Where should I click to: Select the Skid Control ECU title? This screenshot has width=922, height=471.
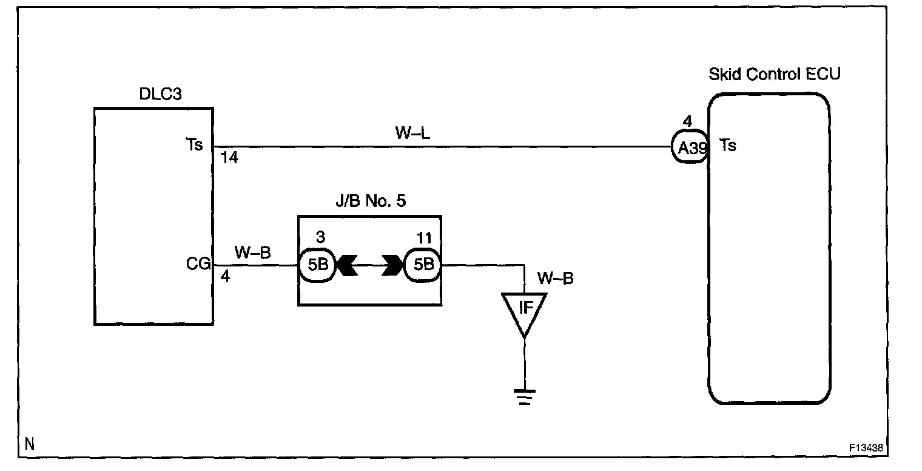pos(774,75)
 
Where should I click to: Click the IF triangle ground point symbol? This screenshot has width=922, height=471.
pos(524,310)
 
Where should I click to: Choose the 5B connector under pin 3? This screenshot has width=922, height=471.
pos(315,265)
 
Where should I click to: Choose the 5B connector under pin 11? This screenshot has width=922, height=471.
pos(422,265)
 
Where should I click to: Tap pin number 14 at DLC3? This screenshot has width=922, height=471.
pos(229,158)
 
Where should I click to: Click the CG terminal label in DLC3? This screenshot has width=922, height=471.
pos(199,264)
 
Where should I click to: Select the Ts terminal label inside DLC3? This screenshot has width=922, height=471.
pos(195,146)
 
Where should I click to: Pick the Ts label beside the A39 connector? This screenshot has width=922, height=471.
pos(728,146)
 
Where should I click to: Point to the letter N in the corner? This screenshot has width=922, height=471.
pos(30,444)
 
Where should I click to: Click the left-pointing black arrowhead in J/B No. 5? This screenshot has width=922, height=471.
pos(346,265)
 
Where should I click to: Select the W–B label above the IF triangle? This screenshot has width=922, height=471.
pos(556,279)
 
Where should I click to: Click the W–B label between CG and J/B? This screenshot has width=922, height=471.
pos(252,253)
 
